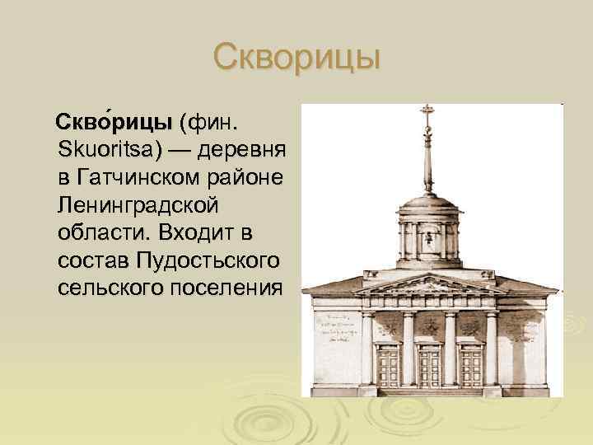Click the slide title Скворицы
(296, 59)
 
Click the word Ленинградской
(138, 205)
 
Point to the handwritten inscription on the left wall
(334, 330)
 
